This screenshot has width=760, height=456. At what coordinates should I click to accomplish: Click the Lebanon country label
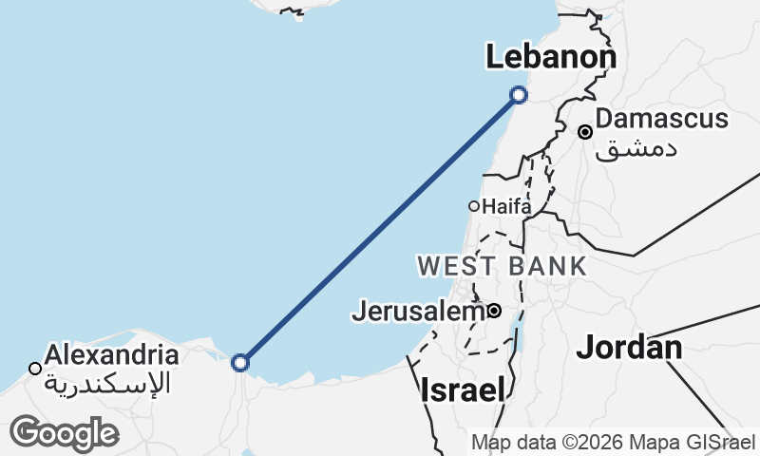coord(551,58)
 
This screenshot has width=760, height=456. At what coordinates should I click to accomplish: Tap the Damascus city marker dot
coord(586,132)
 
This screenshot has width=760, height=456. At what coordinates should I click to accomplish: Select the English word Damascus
coord(663,120)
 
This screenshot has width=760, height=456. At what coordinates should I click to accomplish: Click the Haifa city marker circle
coord(474,206)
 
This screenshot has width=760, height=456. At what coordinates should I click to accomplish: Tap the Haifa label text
coord(507,206)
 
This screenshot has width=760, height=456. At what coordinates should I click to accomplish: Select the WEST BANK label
coord(503,266)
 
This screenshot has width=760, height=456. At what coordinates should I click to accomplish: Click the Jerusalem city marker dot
coord(494,311)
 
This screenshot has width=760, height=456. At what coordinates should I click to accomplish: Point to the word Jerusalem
coord(418,311)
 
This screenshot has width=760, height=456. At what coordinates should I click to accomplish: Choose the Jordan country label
coord(629,348)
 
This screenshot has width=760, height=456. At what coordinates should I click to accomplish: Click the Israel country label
coord(462,389)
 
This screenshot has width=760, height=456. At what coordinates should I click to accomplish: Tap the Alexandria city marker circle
coord(35,368)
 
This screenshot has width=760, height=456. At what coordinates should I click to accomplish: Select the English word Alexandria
coord(112,356)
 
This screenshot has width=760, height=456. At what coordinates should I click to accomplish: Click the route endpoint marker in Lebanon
coord(519,94)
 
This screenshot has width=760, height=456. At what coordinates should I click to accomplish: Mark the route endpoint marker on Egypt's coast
coord(240,362)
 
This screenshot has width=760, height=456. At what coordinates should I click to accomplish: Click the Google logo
coord(64,433)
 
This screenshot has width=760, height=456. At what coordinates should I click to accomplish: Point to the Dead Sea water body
coord(518,335)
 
